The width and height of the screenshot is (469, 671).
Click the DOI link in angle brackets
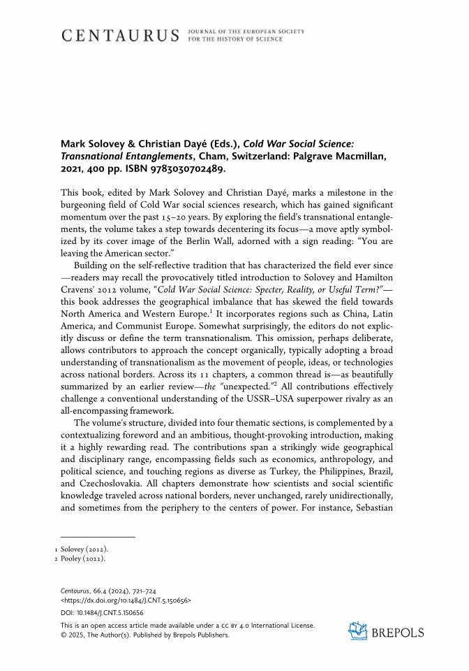point(126,600)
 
